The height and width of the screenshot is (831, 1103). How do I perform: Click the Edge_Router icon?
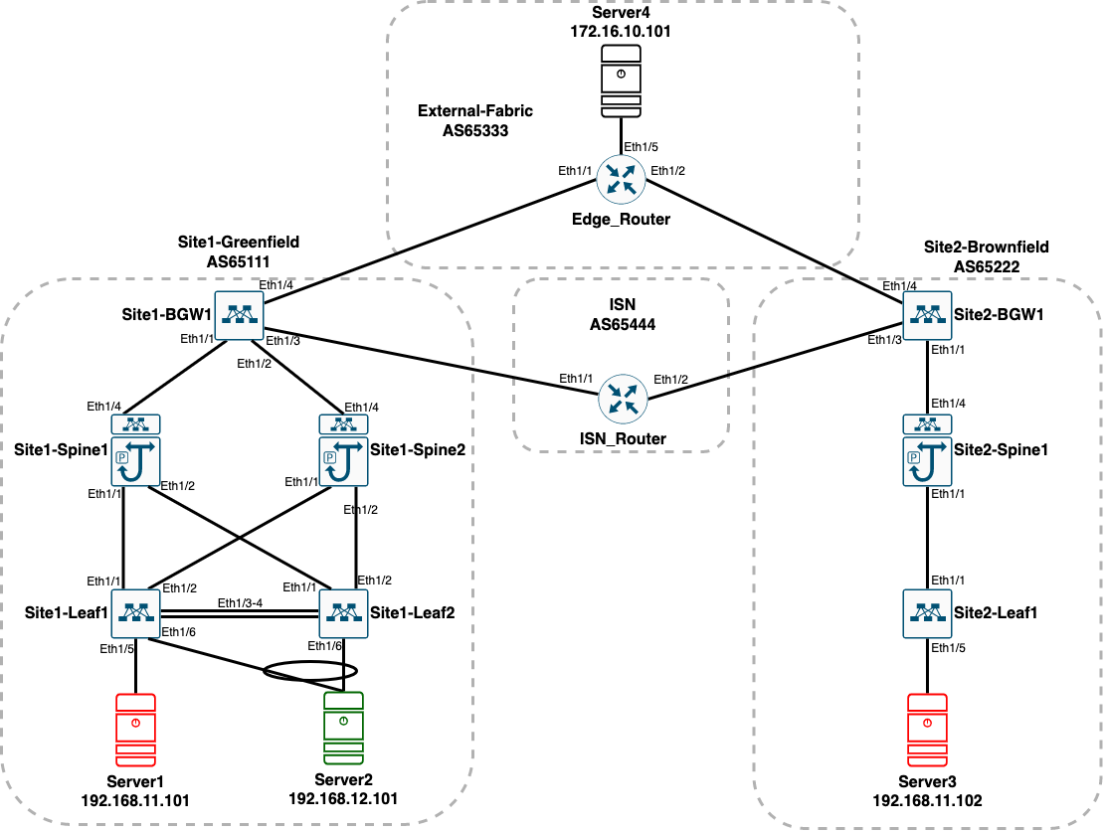pos(621,179)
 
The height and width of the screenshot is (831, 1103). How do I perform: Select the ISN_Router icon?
pos(623,399)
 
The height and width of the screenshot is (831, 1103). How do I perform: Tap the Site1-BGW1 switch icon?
pos(239,316)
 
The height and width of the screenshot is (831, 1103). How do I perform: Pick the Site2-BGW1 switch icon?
pos(927,316)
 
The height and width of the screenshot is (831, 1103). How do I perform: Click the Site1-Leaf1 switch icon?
pos(136,613)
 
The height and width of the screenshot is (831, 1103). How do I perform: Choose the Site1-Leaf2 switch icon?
pos(343,613)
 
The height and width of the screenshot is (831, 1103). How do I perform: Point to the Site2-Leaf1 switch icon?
pos(927,613)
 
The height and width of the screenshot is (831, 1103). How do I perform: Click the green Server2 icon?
pos(343,729)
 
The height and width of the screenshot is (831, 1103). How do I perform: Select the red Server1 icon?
pos(136,730)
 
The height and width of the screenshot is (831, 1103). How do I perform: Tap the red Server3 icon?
pos(927,730)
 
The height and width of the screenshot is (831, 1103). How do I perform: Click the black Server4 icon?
pos(622,81)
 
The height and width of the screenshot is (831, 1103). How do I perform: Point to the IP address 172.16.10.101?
pos(621,32)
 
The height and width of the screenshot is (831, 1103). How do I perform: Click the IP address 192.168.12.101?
pos(343,798)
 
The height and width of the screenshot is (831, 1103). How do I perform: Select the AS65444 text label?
pos(623,324)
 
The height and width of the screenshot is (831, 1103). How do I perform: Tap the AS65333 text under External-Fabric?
pos(475,130)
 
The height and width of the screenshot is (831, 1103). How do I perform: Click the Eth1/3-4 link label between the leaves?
pos(240,603)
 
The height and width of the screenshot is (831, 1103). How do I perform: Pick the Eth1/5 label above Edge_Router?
pos(641,147)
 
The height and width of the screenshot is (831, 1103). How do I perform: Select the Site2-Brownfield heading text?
pos(987,247)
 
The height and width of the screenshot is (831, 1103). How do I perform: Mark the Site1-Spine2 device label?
pos(418,450)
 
